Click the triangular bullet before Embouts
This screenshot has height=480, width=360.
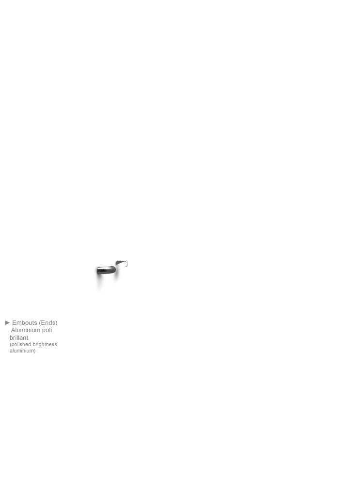click(x=7, y=322)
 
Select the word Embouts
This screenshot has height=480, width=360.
click(x=25, y=322)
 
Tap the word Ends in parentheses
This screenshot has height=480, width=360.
click(x=48, y=322)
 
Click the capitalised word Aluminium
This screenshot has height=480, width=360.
click(x=26, y=330)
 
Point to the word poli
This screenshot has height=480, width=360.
click(x=47, y=330)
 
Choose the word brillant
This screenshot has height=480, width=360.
click(x=19, y=337)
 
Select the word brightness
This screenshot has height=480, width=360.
click(x=45, y=344)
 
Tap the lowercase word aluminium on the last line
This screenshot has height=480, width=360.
click(x=21, y=351)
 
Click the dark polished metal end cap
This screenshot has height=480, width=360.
click(x=106, y=271)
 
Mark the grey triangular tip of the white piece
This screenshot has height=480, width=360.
click(x=120, y=263)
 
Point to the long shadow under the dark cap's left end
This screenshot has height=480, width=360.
click(x=99, y=283)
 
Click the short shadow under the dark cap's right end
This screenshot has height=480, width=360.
click(x=116, y=277)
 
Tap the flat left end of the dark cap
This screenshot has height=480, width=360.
click(x=97, y=271)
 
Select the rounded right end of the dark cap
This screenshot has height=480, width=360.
click(x=114, y=270)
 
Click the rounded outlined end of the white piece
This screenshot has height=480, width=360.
click(x=126, y=264)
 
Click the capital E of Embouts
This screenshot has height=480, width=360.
click(x=14, y=322)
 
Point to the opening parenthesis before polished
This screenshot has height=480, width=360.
click(x=10, y=345)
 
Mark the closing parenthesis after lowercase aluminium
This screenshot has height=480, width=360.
click(x=34, y=351)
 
